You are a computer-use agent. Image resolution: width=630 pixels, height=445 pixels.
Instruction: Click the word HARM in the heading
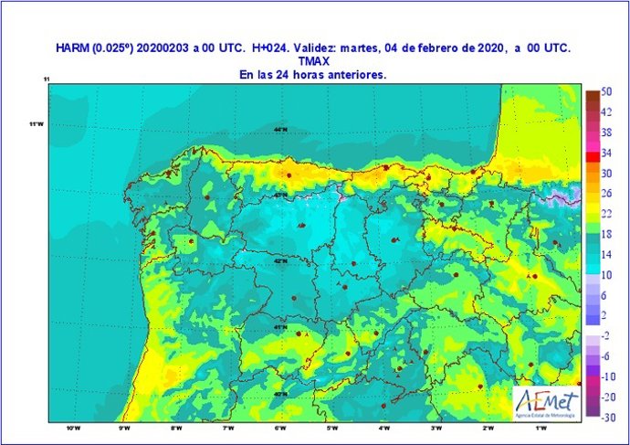pos(71,49)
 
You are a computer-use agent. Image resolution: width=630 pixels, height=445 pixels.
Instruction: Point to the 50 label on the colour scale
pos(606,92)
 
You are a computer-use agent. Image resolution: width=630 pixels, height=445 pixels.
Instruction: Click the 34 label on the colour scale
pos(606,153)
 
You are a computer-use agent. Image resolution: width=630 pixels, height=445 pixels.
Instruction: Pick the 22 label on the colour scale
pos(606,213)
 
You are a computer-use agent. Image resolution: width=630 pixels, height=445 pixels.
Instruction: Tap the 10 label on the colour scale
pos(606,274)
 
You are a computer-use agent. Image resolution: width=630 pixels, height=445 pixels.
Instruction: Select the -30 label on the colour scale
pos(605,416)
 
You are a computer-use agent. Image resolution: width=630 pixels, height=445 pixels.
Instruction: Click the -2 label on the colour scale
pos(605,335)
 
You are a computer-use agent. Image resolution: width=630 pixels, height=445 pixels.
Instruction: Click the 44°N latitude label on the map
pos(279,130)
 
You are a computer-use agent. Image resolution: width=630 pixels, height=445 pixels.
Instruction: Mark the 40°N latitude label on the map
pos(279,394)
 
